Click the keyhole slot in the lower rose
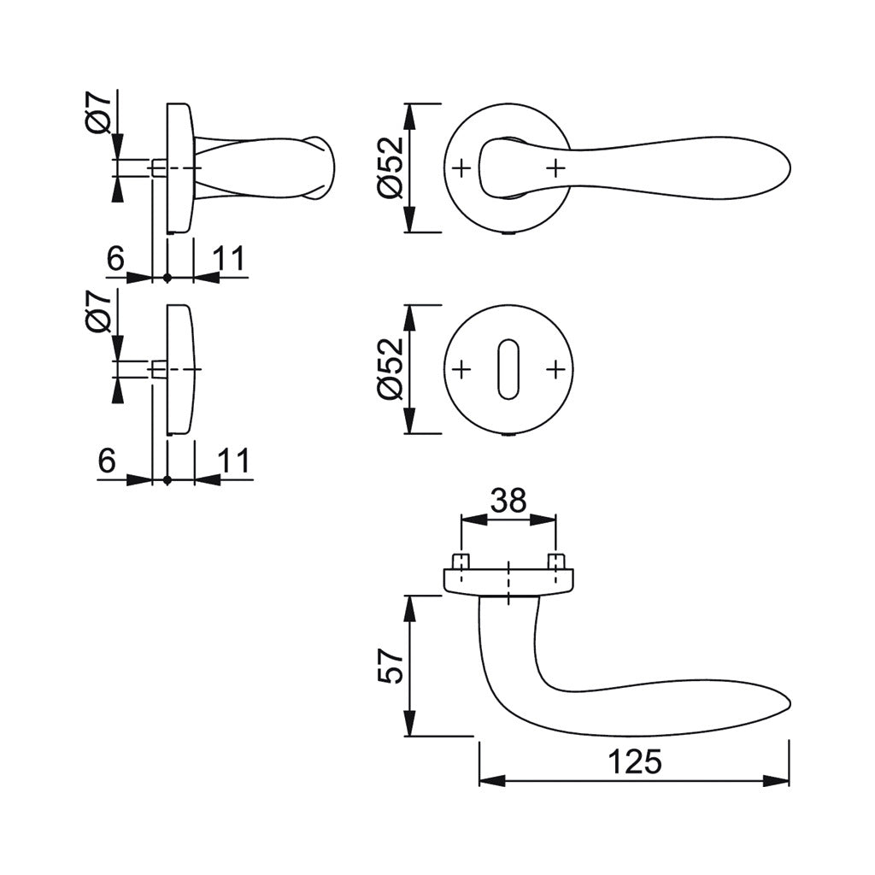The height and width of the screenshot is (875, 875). [x=508, y=369]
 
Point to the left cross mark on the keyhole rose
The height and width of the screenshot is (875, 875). [x=461, y=369]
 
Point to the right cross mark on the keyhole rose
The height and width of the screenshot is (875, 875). [x=556, y=369]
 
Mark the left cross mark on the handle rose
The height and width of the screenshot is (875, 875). [x=461, y=167]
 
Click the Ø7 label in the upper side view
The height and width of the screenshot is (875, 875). [x=99, y=112]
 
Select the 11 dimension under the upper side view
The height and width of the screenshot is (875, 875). [x=227, y=259]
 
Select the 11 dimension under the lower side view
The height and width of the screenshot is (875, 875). [x=232, y=461]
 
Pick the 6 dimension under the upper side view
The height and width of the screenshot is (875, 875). [x=116, y=259]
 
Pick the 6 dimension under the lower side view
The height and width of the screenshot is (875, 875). [x=106, y=461]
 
